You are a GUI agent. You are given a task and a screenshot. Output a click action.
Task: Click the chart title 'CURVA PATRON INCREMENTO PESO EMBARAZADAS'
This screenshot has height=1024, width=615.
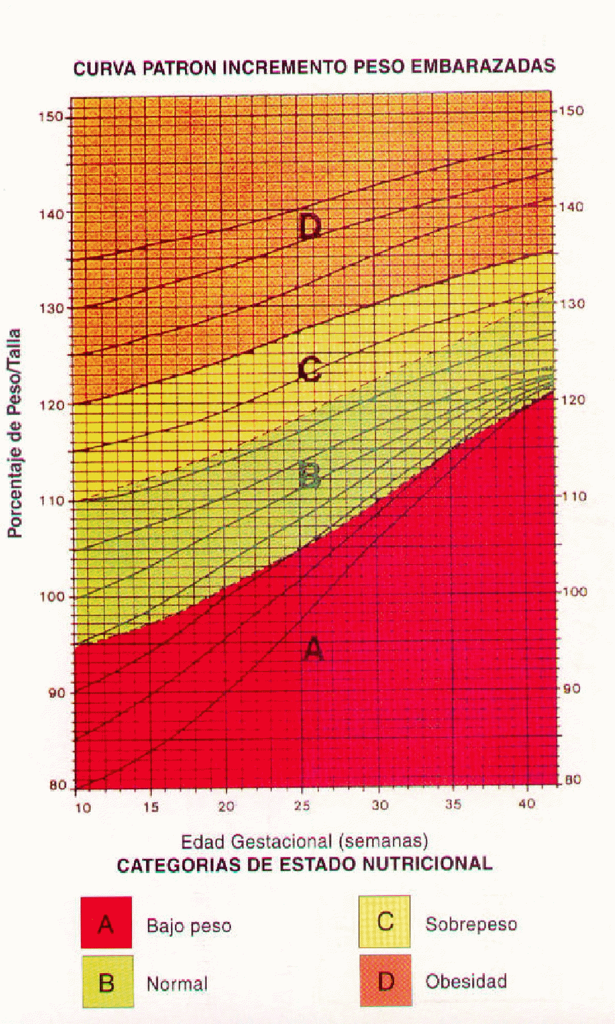(x=314, y=67)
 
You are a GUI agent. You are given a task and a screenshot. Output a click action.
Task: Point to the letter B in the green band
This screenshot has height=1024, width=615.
(x=309, y=476)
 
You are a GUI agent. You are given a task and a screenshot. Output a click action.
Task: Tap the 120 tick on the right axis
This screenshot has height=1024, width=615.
(x=572, y=399)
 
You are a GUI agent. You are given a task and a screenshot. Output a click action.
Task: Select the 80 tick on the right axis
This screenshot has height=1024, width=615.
(x=573, y=780)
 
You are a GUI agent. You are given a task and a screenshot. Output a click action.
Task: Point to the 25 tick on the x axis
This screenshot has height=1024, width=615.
(x=302, y=805)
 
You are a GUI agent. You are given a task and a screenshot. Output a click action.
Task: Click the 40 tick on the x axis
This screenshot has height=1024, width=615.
(x=526, y=803)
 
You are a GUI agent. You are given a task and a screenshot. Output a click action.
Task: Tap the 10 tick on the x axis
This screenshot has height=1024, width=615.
(x=83, y=807)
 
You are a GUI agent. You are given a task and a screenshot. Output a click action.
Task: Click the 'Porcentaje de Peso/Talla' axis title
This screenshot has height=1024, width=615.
(x=15, y=433)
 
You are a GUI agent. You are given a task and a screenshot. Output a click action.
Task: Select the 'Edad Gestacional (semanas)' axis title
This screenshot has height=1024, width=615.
(x=304, y=841)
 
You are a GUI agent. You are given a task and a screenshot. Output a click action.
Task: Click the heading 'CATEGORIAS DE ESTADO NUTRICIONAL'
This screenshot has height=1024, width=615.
(x=304, y=864)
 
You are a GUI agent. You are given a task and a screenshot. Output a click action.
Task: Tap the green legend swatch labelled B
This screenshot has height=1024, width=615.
(x=108, y=982)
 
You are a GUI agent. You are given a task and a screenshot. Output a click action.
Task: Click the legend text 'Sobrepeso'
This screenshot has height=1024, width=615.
(x=471, y=924)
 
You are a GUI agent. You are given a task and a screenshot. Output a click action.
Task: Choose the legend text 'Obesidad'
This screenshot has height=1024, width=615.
(x=465, y=980)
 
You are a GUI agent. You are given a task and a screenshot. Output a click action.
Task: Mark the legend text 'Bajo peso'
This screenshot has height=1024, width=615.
(x=189, y=926)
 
